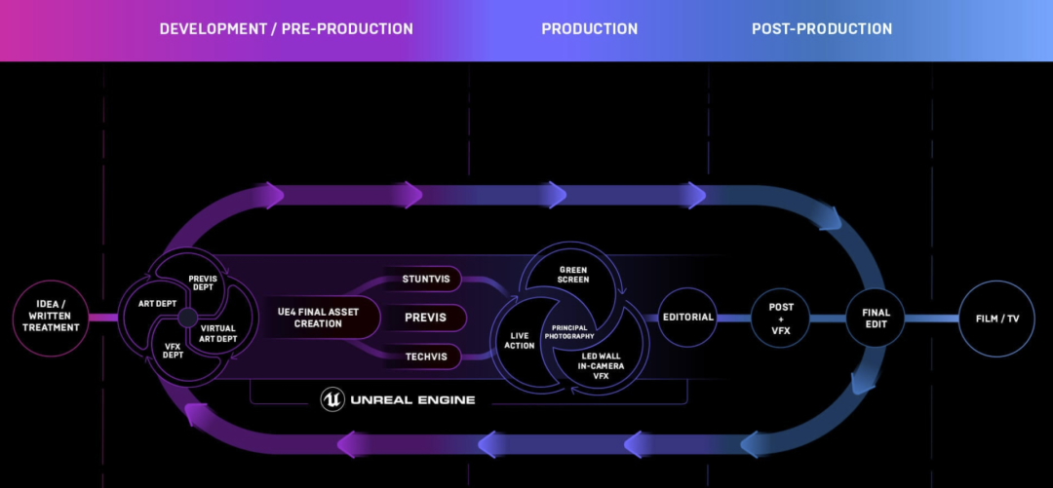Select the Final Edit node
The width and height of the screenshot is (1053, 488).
tap(876, 319)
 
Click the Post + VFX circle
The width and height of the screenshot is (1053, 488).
tap(780, 319)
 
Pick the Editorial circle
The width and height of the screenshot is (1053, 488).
tap(688, 318)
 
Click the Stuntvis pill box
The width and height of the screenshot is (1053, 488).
tap(425, 280)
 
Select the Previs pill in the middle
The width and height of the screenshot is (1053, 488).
tap(425, 318)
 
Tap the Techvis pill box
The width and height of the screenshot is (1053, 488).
tap(425, 357)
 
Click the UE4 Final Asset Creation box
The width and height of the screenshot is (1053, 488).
tap(317, 318)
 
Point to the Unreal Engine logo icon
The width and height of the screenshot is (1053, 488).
tap(332, 399)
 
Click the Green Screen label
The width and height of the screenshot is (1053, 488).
tap(573, 274)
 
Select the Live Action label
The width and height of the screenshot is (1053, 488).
tap(520, 340)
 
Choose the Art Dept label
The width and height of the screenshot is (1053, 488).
tap(157, 304)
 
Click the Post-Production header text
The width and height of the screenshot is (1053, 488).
tap(821, 29)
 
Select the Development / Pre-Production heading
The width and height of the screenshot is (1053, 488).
tap(286, 29)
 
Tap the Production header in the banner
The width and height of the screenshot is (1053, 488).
tap(589, 29)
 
